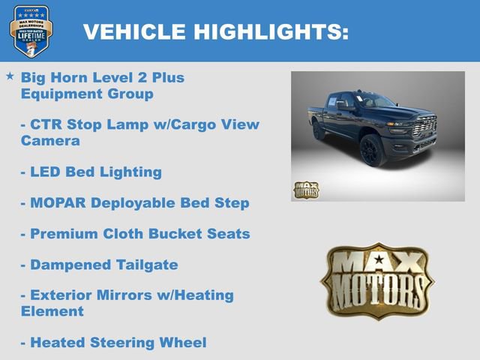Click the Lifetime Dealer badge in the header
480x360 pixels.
tap(30, 31)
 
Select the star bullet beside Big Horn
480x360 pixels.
tap(10, 76)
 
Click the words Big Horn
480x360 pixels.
tap(52, 77)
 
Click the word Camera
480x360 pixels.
tap(50, 140)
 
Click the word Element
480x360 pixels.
tap(52, 311)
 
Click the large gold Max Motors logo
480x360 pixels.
tap(377, 280)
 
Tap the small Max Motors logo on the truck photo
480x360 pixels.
tap(305, 190)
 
